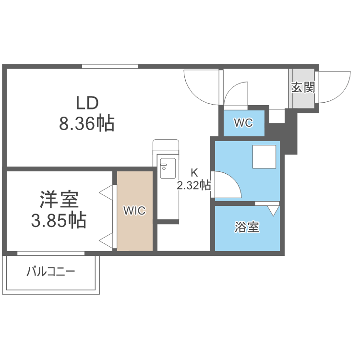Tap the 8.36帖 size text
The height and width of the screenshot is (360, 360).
pyautogui.click(x=87, y=124)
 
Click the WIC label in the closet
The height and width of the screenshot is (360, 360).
pyautogui.click(x=134, y=210)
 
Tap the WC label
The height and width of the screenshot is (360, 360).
pyautogui.click(x=243, y=122)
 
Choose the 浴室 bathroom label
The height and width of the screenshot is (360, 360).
pyautogui.click(x=247, y=227)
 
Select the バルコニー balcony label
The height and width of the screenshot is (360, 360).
pyautogui.click(x=50, y=272)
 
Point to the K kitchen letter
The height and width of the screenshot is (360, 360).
pyautogui.click(x=194, y=173)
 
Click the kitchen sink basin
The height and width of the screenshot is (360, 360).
pyautogui.click(x=168, y=168)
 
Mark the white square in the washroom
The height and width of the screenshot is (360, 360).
pyautogui.click(x=264, y=157)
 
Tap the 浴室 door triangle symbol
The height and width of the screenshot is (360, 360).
pyautogui.click(x=273, y=210)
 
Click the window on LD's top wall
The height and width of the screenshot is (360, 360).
pyautogui.click(x=109, y=66)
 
